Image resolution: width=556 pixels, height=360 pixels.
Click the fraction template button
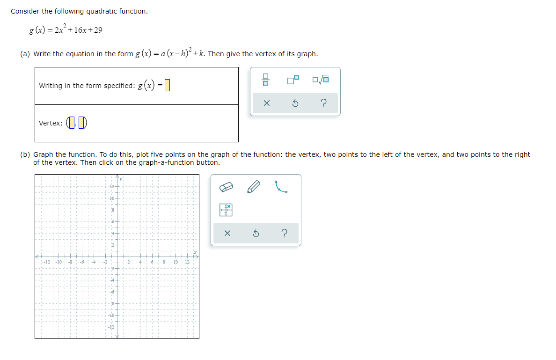point(265,81)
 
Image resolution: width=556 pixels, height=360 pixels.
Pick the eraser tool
point(227,188)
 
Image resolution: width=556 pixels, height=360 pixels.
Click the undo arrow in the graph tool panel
point(256,233)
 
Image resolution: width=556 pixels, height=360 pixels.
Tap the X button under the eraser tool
point(227,233)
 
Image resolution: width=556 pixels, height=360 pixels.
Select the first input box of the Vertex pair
point(71,123)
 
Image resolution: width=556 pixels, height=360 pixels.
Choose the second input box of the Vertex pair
point(81,123)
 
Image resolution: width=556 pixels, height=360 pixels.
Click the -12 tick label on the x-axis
point(47,262)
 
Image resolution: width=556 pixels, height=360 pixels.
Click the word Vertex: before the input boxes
point(51,123)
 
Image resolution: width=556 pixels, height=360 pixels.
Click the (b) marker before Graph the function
point(25,154)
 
